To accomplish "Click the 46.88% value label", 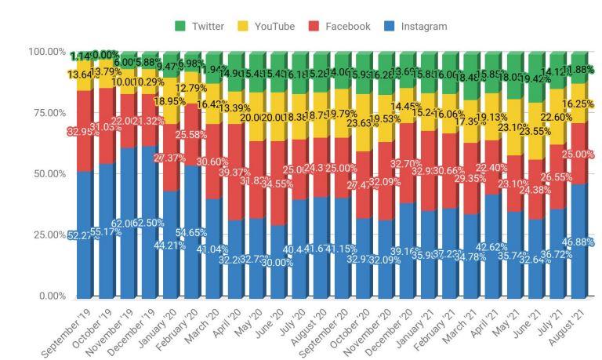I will [581, 243].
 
